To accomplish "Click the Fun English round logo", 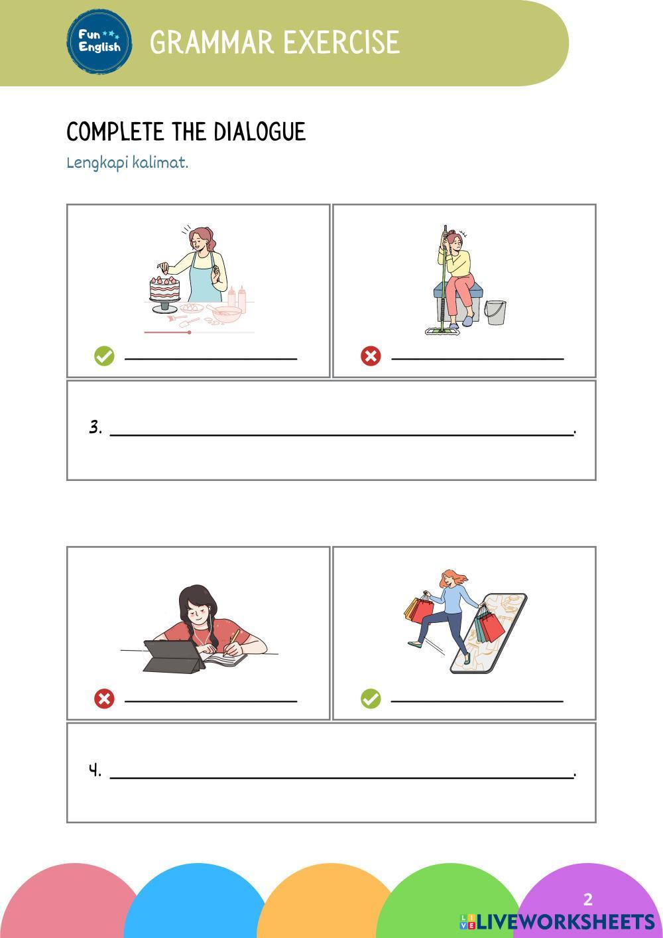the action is tap(99, 42).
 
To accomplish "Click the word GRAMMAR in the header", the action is tap(211, 42).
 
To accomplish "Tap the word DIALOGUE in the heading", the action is tap(259, 131).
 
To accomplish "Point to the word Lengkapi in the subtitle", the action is tap(97, 163).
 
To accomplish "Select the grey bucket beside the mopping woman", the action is tap(495, 312).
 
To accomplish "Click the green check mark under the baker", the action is tap(104, 356).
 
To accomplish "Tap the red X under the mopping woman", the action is tap(371, 356).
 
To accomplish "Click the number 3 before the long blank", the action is tap(95, 427).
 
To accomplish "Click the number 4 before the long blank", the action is tap(95, 770).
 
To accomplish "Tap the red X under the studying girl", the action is tap(104, 699).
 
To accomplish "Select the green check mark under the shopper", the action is tap(371, 699).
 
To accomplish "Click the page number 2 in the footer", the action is tap(588, 899).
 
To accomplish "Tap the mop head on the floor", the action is tap(442, 331).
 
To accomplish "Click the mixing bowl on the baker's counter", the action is tap(227, 314).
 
